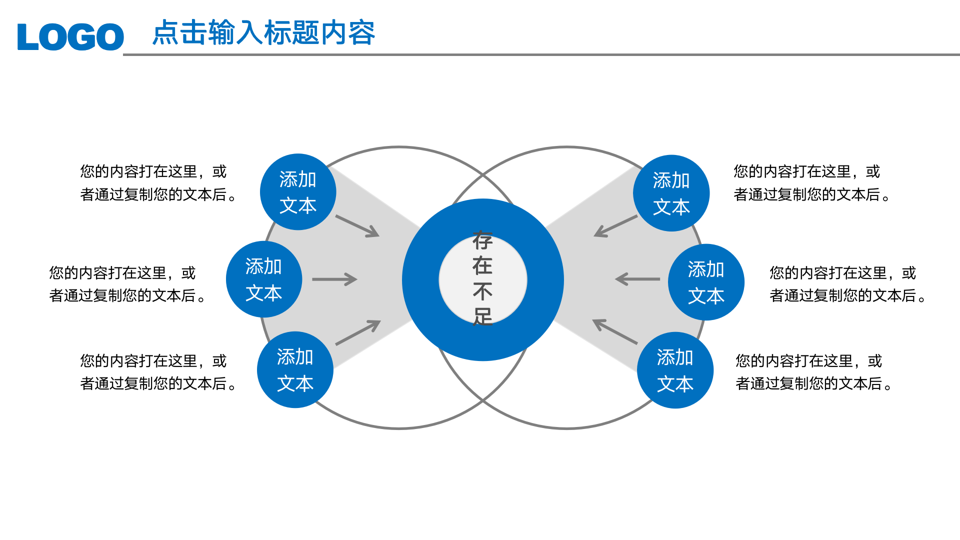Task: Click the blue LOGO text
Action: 70,36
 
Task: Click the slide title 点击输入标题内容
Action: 263,33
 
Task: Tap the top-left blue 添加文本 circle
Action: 298,192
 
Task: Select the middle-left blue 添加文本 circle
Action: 264,279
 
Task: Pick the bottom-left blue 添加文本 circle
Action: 295,370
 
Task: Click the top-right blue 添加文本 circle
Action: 671,193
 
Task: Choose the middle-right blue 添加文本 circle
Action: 706,282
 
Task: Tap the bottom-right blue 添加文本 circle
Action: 675,370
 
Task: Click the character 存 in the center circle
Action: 483,240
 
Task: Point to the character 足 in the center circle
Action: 483,316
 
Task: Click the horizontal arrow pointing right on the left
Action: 334,279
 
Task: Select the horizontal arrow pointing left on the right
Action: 638,279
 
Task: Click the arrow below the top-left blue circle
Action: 357,226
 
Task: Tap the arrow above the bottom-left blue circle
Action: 358,332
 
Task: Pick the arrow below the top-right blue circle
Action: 615,226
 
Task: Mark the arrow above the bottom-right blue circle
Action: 614,332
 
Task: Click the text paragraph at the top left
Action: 158,183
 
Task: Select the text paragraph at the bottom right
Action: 813,372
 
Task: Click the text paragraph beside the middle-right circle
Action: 847,284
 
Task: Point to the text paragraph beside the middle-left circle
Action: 127,284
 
